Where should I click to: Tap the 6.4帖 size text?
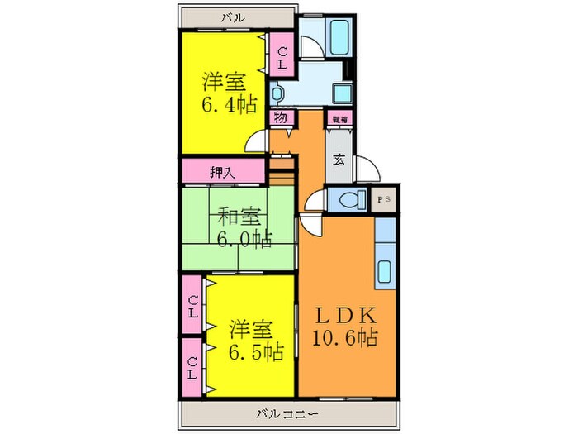(229, 105)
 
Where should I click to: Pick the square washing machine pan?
(342, 92)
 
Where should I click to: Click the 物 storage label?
(281, 118)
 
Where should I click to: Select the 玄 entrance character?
(339, 160)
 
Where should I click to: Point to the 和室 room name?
(239, 217)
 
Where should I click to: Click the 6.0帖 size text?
(244, 240)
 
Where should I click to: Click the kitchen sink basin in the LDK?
(386, 271)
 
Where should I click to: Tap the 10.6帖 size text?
(346, 338)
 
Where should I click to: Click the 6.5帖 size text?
(255, 351)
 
